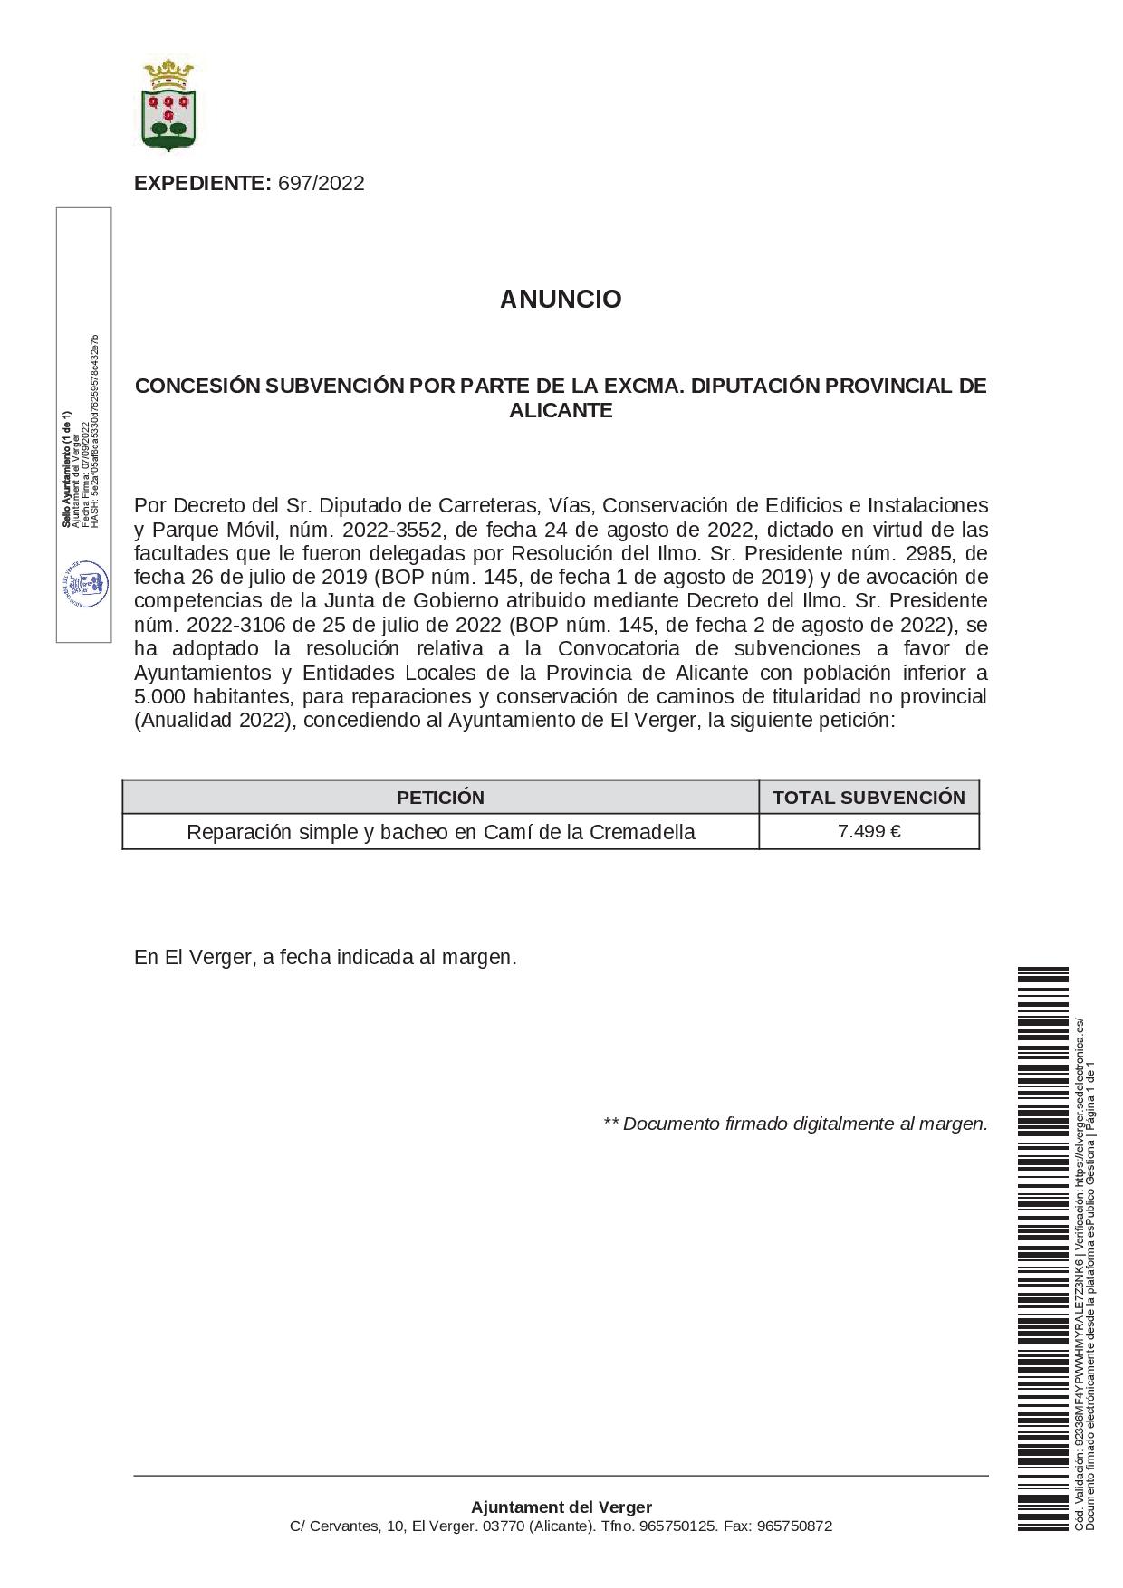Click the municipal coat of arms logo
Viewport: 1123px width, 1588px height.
(169, 104)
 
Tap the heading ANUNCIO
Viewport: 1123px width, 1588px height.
(561, 300)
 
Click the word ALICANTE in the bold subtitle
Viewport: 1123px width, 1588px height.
(561, 411)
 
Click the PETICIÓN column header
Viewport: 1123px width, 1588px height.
(440, 798)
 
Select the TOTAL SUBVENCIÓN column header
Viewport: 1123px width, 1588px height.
(869, 798)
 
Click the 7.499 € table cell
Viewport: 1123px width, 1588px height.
(869, 831)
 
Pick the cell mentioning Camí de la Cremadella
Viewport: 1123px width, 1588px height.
(440, 832)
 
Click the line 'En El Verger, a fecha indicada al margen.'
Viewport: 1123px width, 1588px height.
(325, 958)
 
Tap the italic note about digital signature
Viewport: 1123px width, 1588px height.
(795, 1124)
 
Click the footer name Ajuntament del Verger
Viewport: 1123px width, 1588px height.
(561, 1507)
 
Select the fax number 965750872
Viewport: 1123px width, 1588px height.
(794, 1526)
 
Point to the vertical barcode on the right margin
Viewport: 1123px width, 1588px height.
(1042, 1249)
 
